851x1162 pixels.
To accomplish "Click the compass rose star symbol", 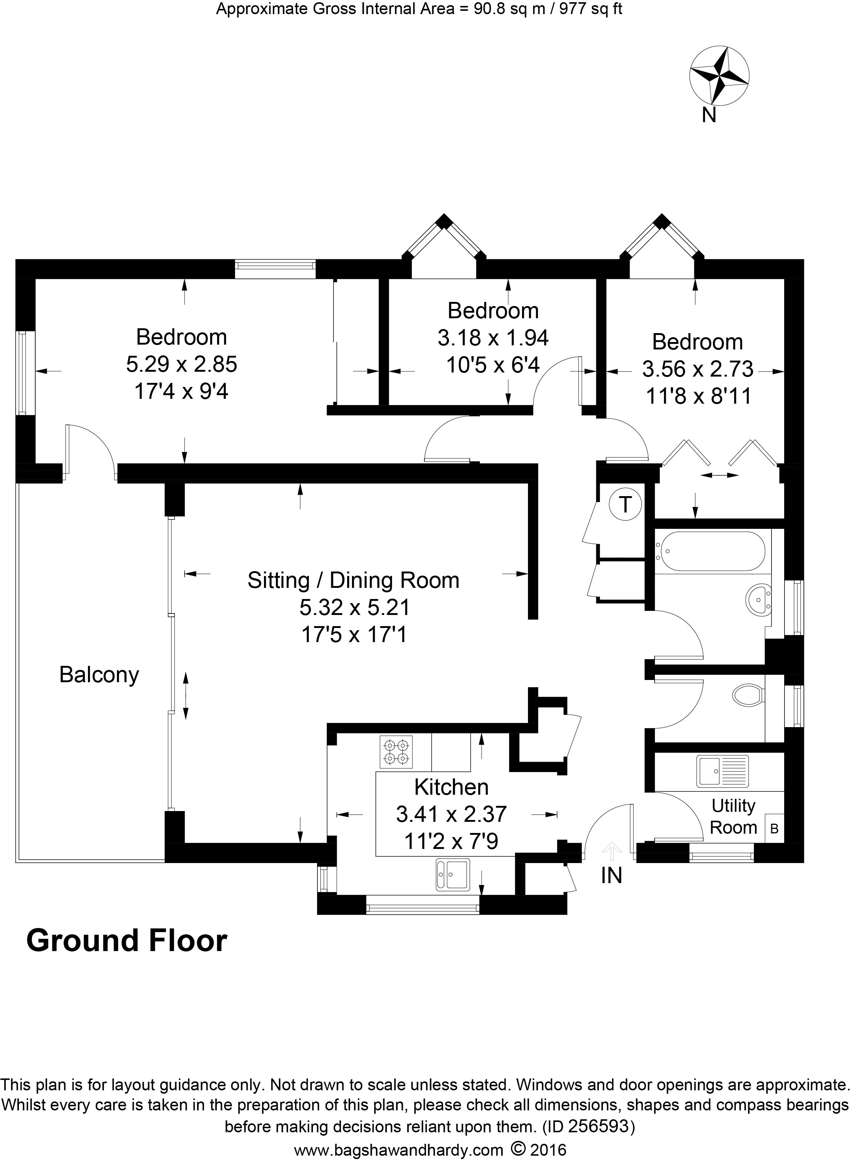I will point(719,75).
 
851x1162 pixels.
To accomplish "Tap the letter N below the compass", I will point(709,115).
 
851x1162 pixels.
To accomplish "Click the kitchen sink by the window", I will point(453,875).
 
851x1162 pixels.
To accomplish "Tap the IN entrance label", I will point(612,876).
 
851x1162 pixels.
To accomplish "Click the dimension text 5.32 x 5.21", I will point(355,608).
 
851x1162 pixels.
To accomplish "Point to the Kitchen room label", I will point(451,787).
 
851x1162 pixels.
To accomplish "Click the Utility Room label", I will point(733,816).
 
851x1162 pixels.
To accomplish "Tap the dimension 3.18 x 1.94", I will point(493,338).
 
